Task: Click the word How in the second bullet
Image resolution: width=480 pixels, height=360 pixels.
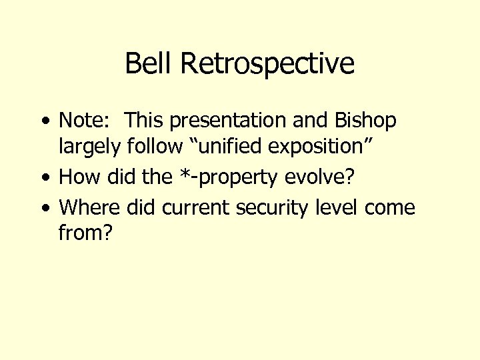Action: click(x=75, y=177)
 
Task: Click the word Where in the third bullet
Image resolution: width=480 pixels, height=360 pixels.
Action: click(x=89, y=207)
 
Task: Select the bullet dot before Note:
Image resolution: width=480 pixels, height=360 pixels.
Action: click(x=44, y=122)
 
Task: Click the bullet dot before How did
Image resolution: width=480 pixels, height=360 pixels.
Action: click(x=44, y=178)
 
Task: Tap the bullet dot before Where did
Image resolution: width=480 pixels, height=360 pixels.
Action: click(x=44, y=209)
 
